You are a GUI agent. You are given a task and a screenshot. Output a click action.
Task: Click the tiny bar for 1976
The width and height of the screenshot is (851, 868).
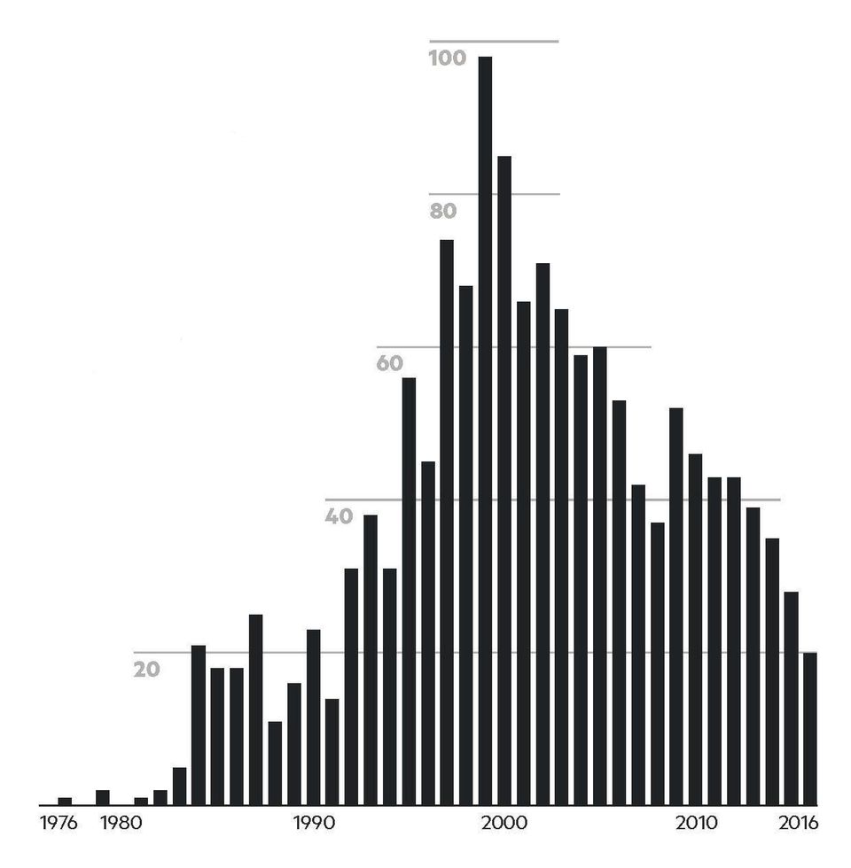pos(65,801)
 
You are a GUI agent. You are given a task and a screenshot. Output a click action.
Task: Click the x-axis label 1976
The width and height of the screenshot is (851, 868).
pos(59,824)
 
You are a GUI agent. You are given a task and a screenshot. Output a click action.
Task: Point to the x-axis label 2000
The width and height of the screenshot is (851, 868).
pos(504,824)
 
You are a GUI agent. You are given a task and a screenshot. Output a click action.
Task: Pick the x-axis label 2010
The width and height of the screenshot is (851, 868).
pos(697,824)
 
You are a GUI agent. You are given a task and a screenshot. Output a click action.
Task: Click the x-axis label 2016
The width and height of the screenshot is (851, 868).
pos(798,824)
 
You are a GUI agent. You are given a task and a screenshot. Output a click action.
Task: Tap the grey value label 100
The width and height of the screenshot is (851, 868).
pos(447,58)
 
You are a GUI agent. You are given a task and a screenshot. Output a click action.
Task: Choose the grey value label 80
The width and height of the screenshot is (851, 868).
pos(442,211)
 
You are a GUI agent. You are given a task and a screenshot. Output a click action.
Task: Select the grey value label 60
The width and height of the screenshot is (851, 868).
pos(389,363)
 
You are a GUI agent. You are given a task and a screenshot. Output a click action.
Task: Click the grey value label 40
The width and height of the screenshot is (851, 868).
pos(339,516)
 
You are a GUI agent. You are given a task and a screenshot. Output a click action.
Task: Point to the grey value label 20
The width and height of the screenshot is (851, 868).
pos(147,670)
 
